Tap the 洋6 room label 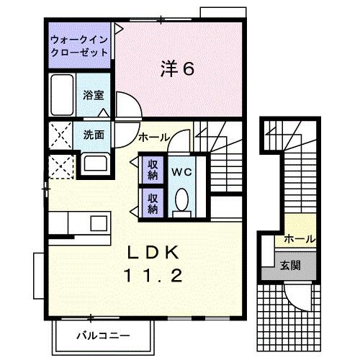click(x=176, y=69)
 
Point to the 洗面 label click(x=94, y=134)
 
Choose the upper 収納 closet click(x=153, y=169)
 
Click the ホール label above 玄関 click(x=299, y=238)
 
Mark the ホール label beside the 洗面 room click(x=153, y=137)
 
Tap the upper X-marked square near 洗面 click(x=60, y=135)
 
